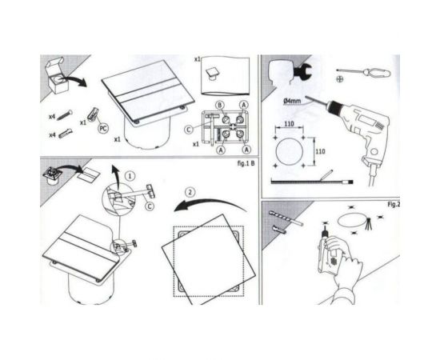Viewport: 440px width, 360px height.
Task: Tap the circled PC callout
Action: click(102, 127)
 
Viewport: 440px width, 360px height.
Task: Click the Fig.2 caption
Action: click(392, 204)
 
